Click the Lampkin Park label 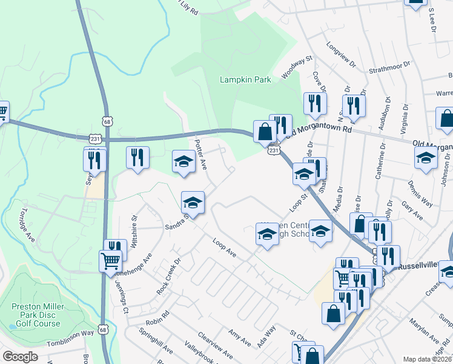pyautogui.click(x=244, y=79)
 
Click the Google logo pyautogui.click(x=20, y=357)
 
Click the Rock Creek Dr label pyautogui.click(x=169, y=277)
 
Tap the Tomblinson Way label pyautogui.click(x=71, y=332)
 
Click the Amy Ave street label pyautogui.click(x=239, y=338)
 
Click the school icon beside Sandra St pyautogui.click(x=193, y=202)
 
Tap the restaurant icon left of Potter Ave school pyautogui.click(x=137, y=158)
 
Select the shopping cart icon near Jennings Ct pyautogui.click(x=110, y=261)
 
